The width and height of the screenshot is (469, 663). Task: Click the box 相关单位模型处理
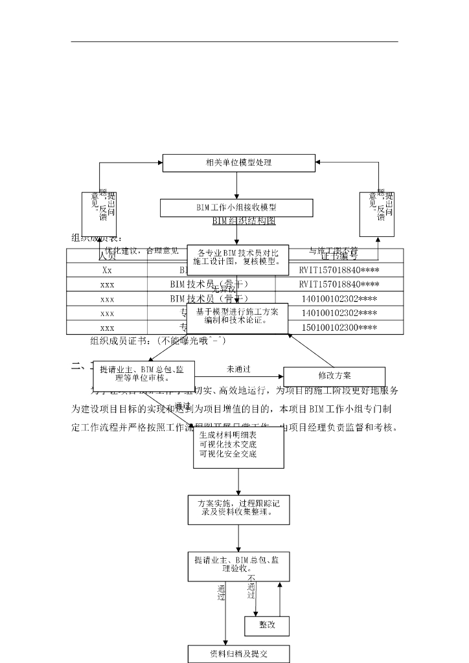[238, 163]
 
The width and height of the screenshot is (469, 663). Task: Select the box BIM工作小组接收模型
[236, 208]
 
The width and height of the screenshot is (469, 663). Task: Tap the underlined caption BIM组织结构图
[244, 221]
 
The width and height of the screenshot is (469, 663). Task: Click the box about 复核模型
[238, 257]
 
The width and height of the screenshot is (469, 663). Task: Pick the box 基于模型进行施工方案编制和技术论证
[237, 316]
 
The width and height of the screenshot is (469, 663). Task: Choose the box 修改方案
[334, 376]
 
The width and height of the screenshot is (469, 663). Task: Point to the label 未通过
[238, 369]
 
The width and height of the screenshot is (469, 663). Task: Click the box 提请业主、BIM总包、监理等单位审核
[144, 374]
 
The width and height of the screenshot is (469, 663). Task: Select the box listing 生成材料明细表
[238, 447]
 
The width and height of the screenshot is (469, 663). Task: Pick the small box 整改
[267, 625]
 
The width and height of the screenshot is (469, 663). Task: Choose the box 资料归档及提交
[239, 653]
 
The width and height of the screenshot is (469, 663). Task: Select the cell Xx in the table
[107, 270]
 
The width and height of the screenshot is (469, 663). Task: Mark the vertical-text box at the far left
[99, 214]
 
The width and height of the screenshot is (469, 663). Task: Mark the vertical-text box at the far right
[377, 214]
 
